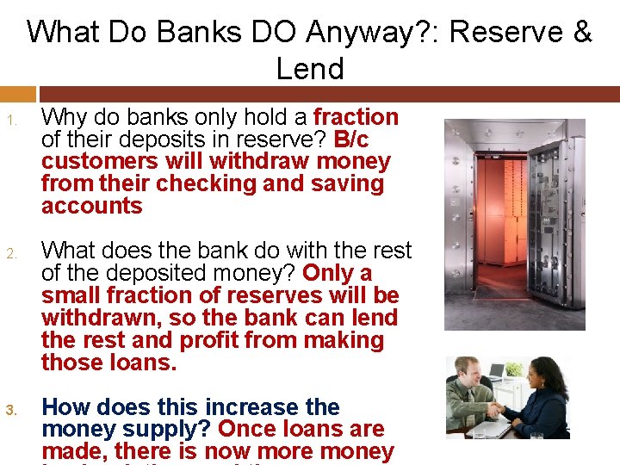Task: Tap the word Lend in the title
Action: tap(310, 68)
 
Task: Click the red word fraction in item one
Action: tap(356, 117)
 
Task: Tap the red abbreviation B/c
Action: tap(351, 139)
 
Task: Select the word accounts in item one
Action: tap(91, 206)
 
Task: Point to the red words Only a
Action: tap(338, 273)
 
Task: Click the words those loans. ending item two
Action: tap(108, 363)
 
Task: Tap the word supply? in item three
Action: tap(176, 429)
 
